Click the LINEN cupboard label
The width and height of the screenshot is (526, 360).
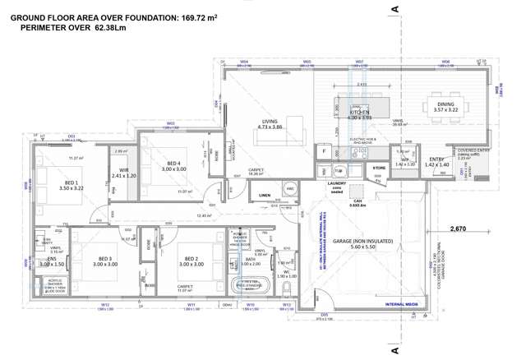264,195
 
